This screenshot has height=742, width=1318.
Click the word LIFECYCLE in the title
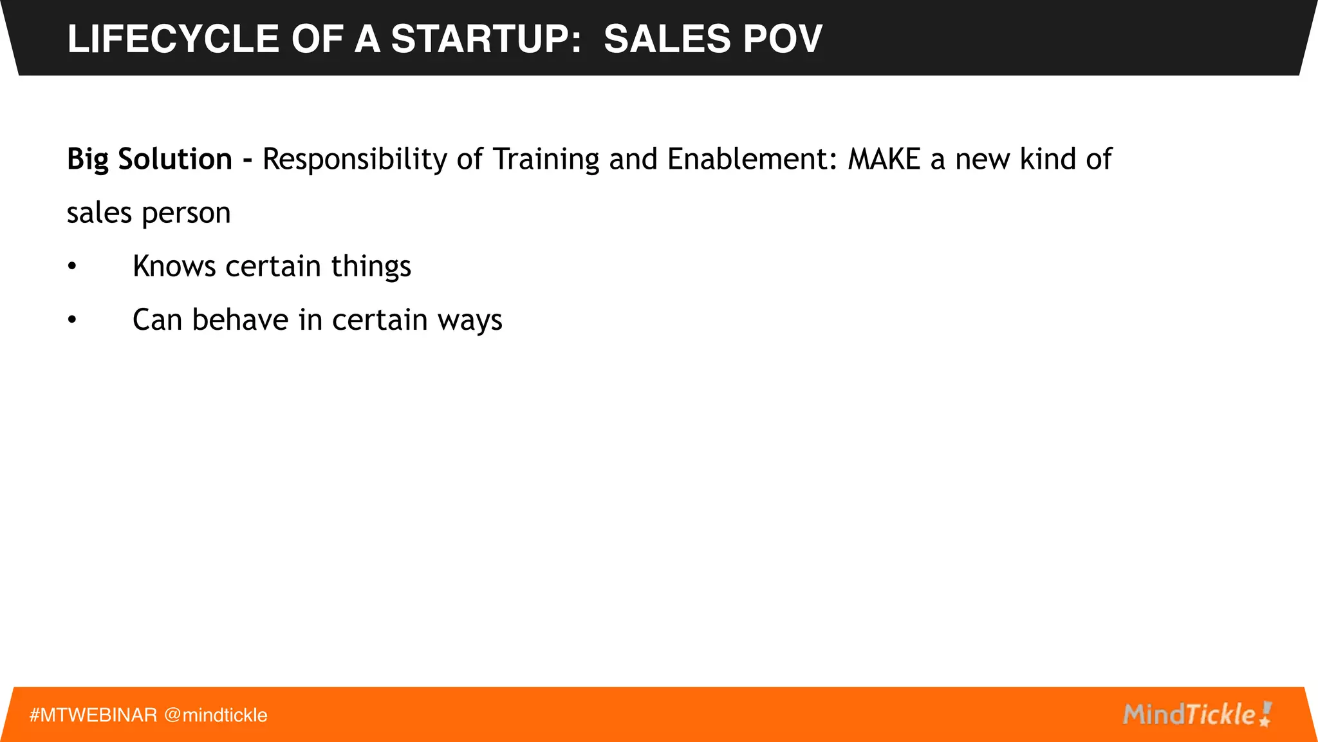pos(172,39)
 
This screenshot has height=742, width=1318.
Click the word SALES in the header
pos(667,39)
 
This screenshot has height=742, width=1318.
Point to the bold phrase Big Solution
pos(149,159)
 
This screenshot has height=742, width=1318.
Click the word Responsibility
pos(355,159)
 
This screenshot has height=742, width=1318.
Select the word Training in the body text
pos(546,159)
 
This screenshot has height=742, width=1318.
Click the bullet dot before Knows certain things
pos(72,266)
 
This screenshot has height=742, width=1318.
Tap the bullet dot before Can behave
pos(72,319)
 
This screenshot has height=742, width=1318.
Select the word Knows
pos(174,266)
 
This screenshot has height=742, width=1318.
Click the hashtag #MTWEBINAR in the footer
pos(93,715)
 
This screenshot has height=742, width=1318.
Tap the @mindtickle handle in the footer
pos(216,715)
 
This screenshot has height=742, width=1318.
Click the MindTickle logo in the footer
pos(1196,714)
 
